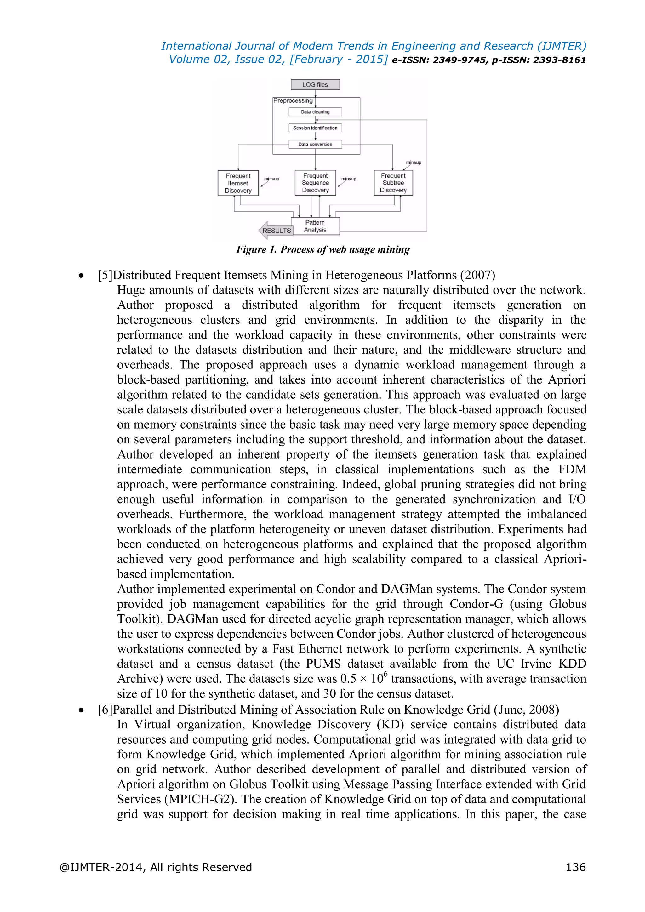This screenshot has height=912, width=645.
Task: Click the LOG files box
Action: [x=315, y=85]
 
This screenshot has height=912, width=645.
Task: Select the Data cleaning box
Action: [x=315, y=112]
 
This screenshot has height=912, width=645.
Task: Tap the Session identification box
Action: [x=315, y=128]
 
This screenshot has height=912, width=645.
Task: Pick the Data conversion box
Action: [x=315, y=145]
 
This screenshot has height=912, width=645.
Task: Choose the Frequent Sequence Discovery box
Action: [x=315, y=183]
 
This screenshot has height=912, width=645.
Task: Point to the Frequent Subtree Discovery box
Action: [x=393, y=183]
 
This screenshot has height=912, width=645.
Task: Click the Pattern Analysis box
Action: [x=315, y=226]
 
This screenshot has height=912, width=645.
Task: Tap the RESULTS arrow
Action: [x=275, y=231]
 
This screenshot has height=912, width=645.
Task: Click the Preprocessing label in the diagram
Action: [x=293, y=101]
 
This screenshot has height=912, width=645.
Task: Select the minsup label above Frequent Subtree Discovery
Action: [x=414, y=162]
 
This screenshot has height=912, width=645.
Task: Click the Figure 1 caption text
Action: [x=322, y=249]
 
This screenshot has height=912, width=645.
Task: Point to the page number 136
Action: [x=575, y=867]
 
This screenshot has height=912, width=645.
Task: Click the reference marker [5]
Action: [x=105, y=275]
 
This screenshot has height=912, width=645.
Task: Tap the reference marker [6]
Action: [x=105, y=710]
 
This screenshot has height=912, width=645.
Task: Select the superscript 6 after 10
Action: [x=385, y=674]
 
